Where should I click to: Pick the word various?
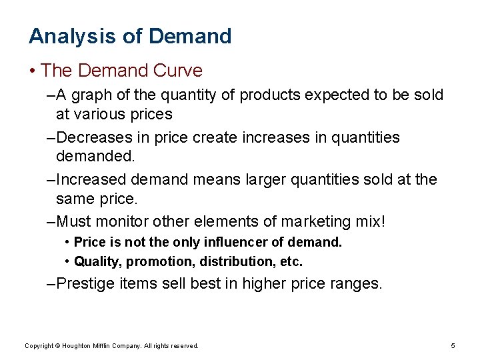coord(98,114)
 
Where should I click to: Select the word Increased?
coord(92,179)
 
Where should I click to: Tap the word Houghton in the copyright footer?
coord(83,346)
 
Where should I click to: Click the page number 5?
coord(453,345)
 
